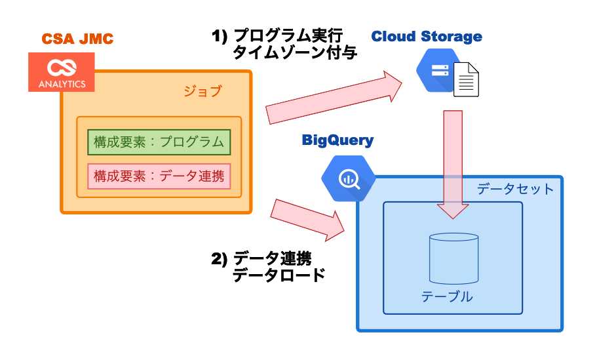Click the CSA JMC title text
coord(77,39)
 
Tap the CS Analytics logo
coord(62,72)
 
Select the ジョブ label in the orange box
coord(203,91)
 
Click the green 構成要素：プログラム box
coord(159,141)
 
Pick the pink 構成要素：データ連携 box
coord(159,176)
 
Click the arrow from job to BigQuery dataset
coord(308,220)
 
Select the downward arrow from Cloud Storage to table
coord(453,164)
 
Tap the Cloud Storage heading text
coord(427,36)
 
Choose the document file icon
coord(466,80)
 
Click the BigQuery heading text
coord(337,140)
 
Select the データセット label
coord(515,189)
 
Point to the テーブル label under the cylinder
coord(447,296)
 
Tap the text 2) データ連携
coord(261,258)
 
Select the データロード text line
coord(279,275)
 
